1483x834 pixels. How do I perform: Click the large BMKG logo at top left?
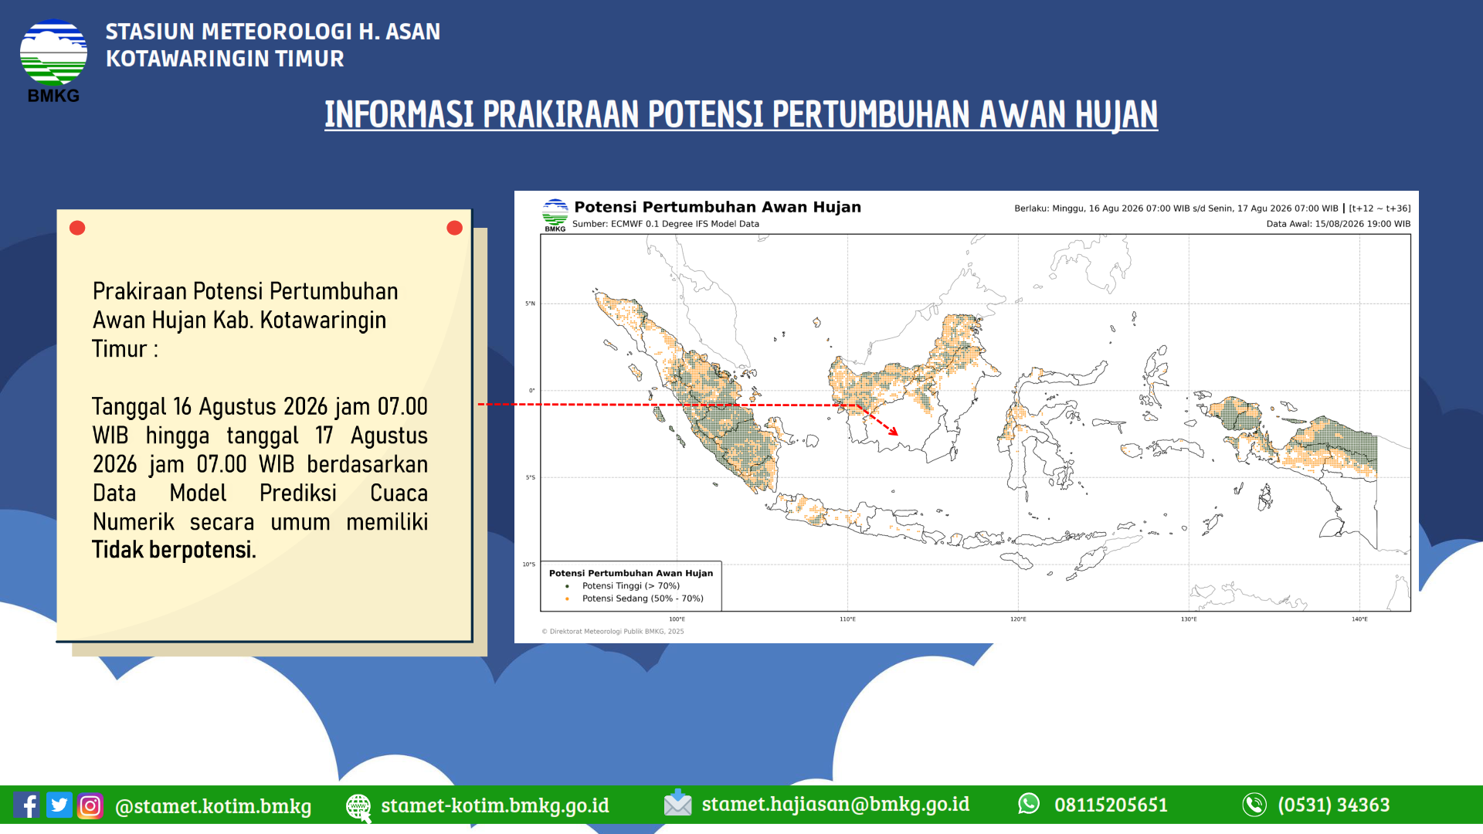53,60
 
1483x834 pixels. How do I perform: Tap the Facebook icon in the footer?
27,805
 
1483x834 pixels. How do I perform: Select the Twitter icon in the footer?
59,805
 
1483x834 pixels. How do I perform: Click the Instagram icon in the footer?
90,805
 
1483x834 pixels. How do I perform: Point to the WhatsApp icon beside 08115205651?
1029,804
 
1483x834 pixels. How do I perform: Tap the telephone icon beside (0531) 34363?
1254,805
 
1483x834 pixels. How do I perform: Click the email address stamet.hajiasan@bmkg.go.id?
836,804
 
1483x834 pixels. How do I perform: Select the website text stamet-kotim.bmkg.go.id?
495,805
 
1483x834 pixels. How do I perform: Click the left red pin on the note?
77,228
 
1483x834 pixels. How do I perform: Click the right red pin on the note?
455,228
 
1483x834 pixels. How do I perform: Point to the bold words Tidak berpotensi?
174,550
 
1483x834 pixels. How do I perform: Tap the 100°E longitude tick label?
677,619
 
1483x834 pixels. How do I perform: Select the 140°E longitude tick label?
1359,619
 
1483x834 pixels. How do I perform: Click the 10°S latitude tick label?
529,564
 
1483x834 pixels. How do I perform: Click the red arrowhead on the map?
894,431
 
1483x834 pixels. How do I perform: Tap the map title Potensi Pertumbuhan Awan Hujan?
718,207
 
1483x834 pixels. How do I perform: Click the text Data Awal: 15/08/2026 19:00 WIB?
1339,224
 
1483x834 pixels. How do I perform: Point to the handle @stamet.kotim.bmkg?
213,806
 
